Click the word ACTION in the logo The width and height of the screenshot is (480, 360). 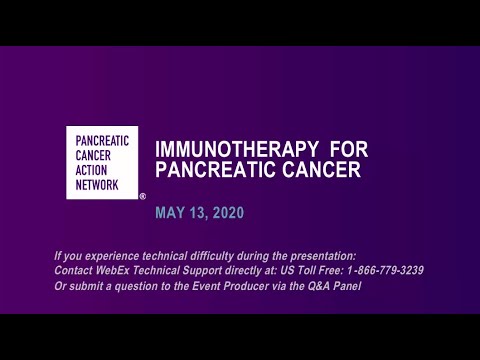[93, 169]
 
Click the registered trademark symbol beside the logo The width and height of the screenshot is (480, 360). [143, 197]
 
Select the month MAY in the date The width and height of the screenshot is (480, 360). [170, 213]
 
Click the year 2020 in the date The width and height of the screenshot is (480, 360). [226, 213]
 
